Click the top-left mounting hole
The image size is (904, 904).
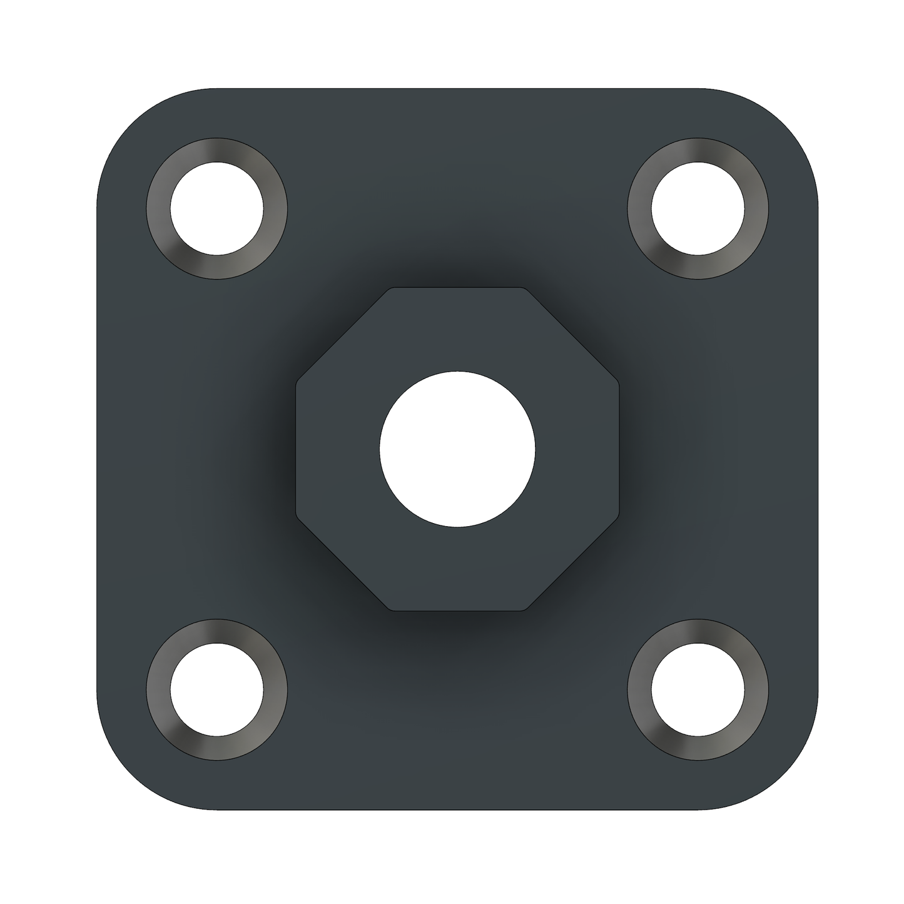point(216,208)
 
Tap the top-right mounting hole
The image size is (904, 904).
point(698,208)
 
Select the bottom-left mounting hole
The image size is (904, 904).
point(216,689)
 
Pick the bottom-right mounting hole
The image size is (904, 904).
point(698,689)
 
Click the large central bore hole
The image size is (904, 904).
point(457,449)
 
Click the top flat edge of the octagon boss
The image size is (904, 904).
point(457,288)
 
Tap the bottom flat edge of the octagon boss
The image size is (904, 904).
point(457,609)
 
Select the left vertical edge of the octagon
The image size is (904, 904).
point(297,449)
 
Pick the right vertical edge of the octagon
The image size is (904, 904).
point(618,449)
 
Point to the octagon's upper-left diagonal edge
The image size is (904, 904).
point(343,333)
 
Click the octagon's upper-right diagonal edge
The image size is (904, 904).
point(572,333)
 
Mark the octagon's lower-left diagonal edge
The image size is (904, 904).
point(343,564)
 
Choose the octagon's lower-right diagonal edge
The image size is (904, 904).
point(572,564)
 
